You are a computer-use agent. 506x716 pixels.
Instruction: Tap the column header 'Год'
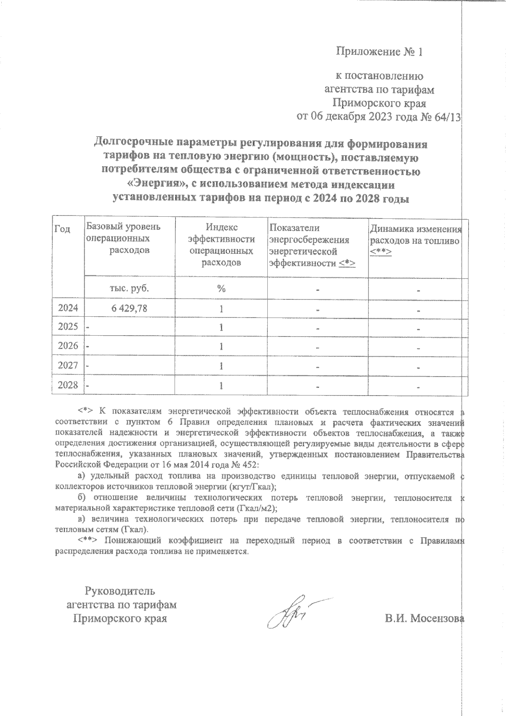(62, 229)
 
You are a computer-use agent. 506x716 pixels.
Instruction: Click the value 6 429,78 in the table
(129, 309)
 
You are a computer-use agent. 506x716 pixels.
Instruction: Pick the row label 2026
(68, 346)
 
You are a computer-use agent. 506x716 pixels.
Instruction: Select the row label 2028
(68, 385)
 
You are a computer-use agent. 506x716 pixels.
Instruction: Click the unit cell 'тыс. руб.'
(129, 288)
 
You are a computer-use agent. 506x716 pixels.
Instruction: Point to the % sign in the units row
(221, 289)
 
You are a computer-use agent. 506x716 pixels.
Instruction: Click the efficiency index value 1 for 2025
(221, 328)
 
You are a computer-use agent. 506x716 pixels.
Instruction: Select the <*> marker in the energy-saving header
(347, 264)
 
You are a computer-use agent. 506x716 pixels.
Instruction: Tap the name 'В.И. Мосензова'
(424, 619)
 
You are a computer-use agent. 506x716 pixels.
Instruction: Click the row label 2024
(68, 308)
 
